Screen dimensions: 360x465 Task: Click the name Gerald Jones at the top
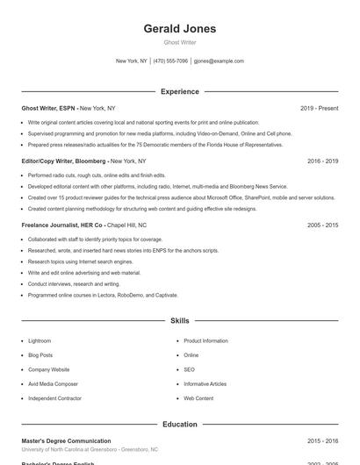(x=180, y=29)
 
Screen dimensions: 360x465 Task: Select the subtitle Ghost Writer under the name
(x=180, y=43)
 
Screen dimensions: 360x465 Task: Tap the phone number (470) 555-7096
(x=170, y=61)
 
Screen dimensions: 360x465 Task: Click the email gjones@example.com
(x=219, y=61)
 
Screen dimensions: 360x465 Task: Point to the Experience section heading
(x=180, y=91)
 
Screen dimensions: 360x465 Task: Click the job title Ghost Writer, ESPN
(x=49, y=108)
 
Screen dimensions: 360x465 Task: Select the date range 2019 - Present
(x=319, y=108)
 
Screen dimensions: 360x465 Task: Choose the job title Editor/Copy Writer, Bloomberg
(x=64, y=161)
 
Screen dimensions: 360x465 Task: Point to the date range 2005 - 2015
(x=322, y=225)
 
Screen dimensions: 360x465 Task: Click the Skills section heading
(x=180, y=322)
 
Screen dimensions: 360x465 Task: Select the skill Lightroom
(x=40, y=340)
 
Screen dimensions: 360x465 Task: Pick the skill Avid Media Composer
(x=53, y=383)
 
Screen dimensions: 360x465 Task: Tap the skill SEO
(x=189, y=369)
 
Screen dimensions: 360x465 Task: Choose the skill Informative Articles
(x=205, y=383)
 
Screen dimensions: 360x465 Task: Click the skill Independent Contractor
(x=54, y=398)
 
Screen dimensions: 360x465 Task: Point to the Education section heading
(x=180, y=425)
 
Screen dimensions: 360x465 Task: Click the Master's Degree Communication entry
(x=66, y=440)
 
